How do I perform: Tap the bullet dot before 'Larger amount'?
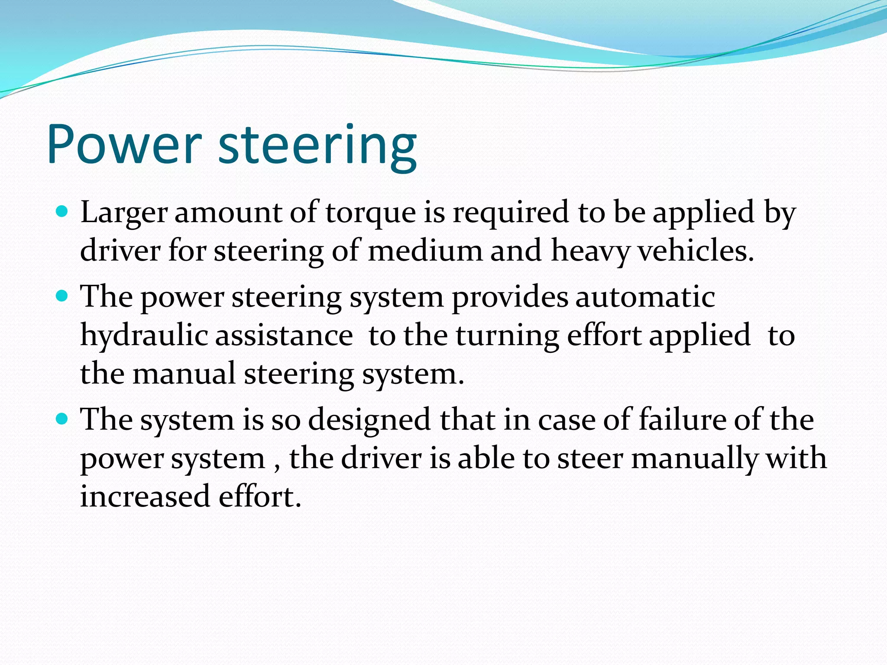[63, 212]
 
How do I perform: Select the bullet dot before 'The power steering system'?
[63, 297]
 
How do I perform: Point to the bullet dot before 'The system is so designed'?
[63, 419]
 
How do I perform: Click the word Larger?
[124, 213]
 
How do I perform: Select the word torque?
[370, 213]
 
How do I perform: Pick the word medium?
[425, 251]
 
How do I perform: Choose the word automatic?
[645, 297]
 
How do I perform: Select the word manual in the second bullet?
[184, 374]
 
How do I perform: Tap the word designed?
[369, 420]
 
